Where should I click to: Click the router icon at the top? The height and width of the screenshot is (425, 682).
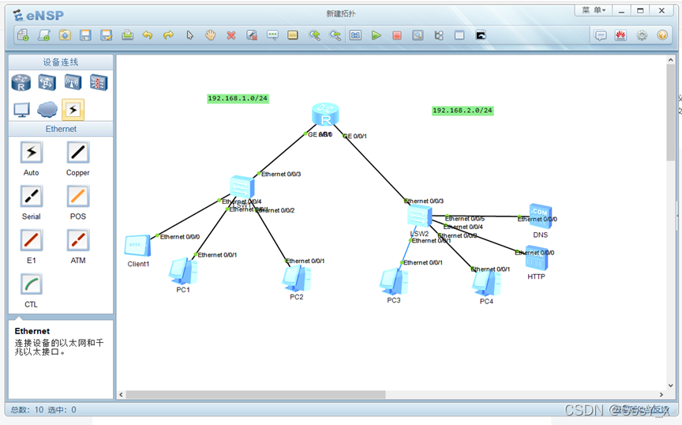[324, 115]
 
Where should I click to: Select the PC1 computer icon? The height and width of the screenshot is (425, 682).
[183, 271]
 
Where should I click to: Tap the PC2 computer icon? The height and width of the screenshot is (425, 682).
[297, 278]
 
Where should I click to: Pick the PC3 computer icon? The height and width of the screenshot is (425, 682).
[393, 281]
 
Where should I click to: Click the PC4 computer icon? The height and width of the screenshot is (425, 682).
[486, 283]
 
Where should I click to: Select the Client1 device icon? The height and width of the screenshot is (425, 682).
[137, 246]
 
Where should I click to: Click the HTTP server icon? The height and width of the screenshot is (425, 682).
[537, 258]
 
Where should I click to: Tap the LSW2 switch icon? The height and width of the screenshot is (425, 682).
[419, 216]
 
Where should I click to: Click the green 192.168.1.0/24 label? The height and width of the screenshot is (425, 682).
[238, 99]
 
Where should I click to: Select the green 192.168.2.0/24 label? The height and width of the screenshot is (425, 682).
[463, 111]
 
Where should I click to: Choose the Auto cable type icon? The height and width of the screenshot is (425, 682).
[32, 152]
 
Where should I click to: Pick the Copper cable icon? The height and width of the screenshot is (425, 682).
[77, 152]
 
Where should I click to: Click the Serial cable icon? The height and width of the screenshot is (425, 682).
[32, 197]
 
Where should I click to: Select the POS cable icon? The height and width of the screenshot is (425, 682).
[77, 197]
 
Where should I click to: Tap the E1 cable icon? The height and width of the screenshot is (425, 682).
[32, 240]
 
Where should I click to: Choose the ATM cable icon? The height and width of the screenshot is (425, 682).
[77, 240]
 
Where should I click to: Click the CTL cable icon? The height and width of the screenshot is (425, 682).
[32, 284]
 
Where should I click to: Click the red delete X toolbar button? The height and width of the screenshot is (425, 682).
[231, 36]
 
